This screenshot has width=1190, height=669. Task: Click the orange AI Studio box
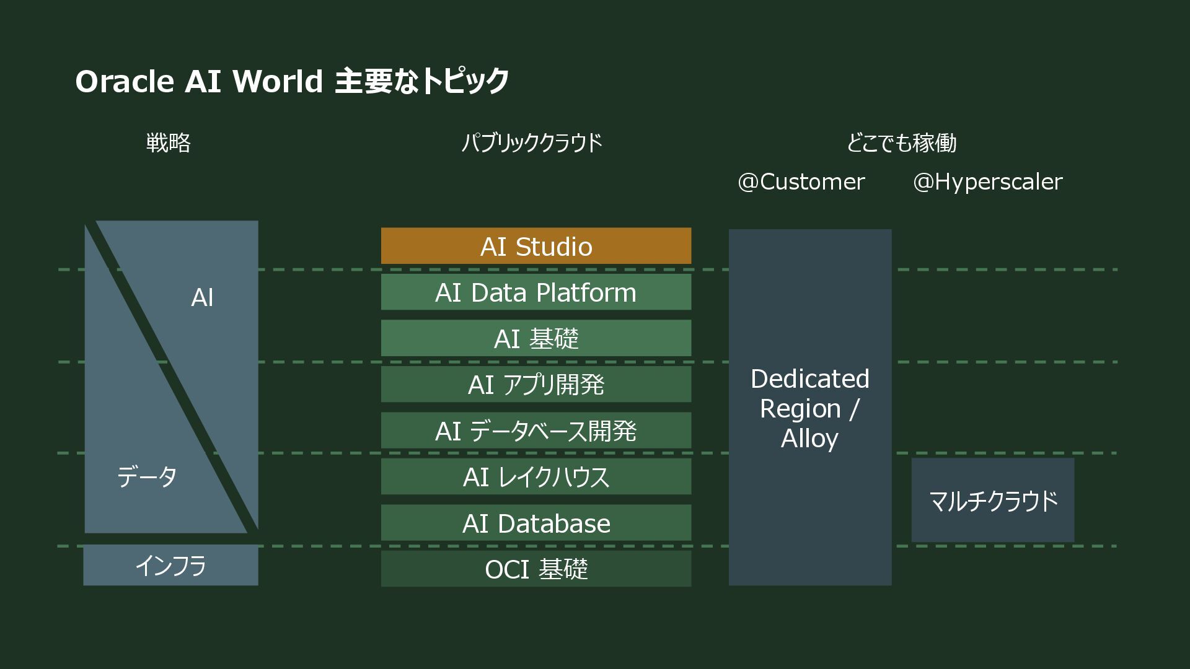pos(535,246)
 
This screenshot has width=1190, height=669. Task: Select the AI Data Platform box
pos(535,292)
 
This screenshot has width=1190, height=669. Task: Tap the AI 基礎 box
pos(535,338)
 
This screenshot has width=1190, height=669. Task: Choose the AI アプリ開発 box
pos(535,385)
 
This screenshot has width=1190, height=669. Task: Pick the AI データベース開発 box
pos(535,431)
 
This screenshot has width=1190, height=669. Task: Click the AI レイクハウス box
pos(535,477)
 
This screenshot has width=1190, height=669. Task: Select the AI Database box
pos(535,523)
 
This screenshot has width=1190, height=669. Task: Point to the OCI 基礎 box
pos(535,569)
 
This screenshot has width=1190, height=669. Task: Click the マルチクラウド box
pos(992,501)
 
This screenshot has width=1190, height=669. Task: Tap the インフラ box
pos(170,566)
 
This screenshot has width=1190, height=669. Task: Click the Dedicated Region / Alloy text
pos(809,408)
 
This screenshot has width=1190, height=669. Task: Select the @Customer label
pos(801,181)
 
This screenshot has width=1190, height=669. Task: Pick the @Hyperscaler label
pos(987,181)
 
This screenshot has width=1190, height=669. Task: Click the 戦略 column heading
pos(168,143)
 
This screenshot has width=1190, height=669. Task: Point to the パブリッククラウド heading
pos(532,143)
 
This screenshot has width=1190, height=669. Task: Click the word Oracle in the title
pos(125,81)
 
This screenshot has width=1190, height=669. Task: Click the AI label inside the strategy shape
pos(202,298)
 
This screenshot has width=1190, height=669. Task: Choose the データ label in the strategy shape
pos(147,477)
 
